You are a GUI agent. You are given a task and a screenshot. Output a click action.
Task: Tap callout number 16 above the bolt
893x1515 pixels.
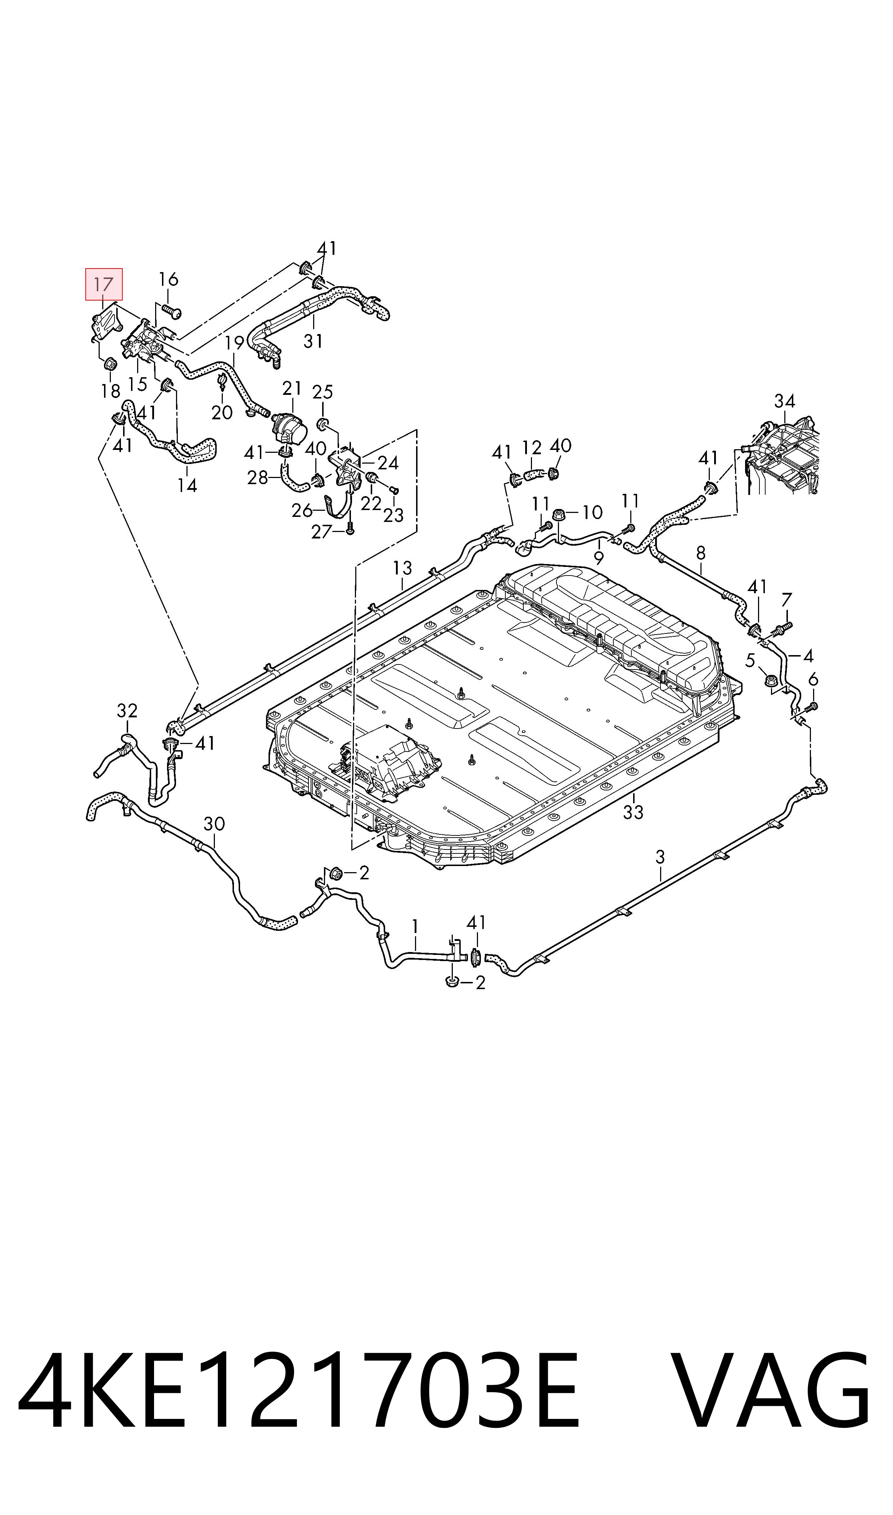(168, 279)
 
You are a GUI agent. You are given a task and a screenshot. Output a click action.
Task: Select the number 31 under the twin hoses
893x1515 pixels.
(313, 341)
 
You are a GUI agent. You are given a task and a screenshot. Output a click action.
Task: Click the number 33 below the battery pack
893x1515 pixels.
(633, 812)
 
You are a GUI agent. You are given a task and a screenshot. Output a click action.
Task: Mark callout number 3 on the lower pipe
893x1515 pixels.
(660, 857)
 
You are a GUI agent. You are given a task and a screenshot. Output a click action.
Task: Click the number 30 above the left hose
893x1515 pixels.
(214, 824)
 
